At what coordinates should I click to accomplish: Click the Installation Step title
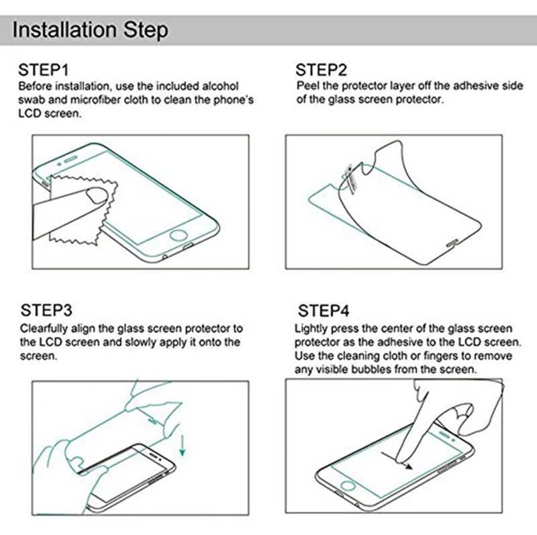[91, 31]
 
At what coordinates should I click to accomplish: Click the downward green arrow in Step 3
[181, 445]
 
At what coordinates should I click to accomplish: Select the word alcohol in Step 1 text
[219, 87]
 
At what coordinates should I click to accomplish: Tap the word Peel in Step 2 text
[308, 87]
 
